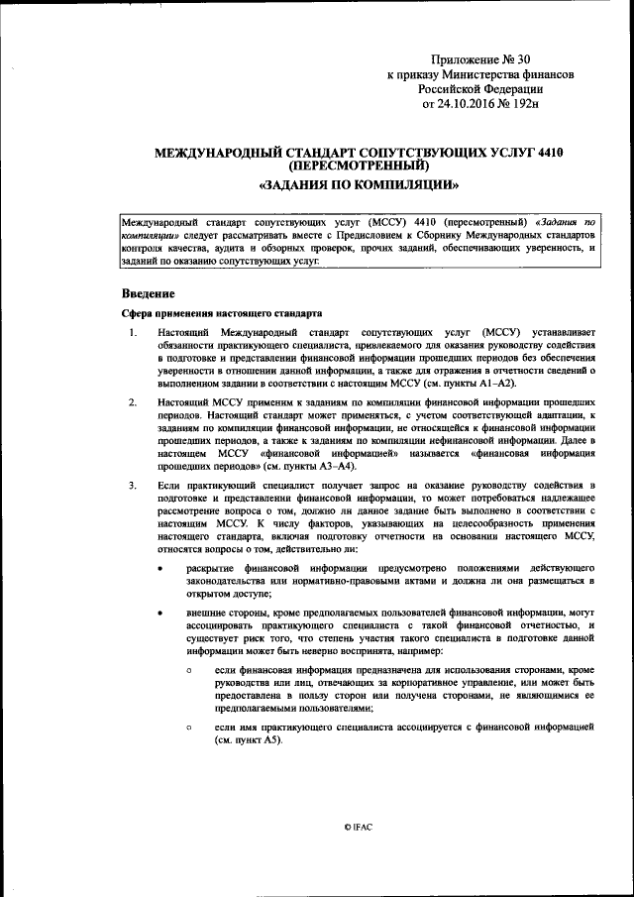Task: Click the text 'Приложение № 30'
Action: [x=483, y=61]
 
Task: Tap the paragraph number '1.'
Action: [x=134, y=331]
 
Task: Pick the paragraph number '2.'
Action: [x=134, y=402]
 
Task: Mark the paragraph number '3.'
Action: [x=134, y=485]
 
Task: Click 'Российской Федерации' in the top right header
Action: [x=483, y=88]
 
